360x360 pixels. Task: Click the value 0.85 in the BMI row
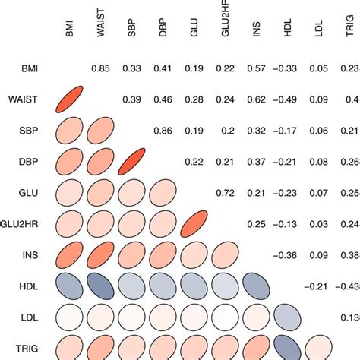tap(100, 69)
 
